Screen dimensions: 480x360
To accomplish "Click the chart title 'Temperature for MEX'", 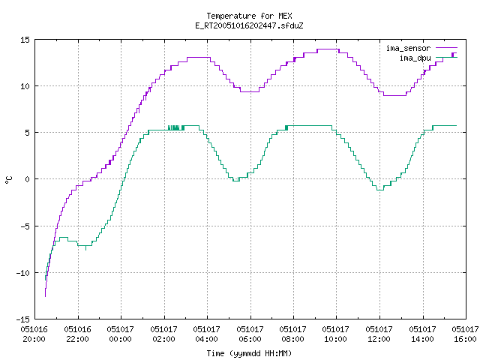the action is [249, 16].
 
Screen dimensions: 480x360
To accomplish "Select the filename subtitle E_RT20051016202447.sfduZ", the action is [249, 25].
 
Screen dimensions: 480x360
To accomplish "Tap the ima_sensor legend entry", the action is [421, 48].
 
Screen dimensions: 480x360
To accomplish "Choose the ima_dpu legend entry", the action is [428, 58].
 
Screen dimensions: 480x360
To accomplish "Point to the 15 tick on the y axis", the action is [25, 40].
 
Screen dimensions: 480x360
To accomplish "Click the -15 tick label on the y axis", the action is [23, 319].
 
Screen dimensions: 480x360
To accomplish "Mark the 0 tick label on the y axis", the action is [28, 179].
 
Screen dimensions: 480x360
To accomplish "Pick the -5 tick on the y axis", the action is [25, 226].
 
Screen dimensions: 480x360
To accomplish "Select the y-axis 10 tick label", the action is [25, 86].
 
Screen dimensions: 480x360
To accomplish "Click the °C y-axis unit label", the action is [8, 180].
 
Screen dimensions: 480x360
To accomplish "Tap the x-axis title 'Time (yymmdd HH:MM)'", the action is [249, 353].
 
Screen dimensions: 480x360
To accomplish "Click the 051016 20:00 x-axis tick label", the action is [34, 334].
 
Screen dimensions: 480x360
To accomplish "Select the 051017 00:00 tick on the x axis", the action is [120, 334].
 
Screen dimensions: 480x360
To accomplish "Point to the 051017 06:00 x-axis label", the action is [250, 334].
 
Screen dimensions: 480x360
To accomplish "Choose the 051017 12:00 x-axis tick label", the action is [379, 334].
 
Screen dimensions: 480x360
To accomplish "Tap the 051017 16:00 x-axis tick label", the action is [466, 334].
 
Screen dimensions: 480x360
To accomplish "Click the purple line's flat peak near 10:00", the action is [328, 49].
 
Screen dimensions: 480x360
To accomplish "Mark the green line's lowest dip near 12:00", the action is [380, 190].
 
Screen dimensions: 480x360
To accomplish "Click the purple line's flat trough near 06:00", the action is [250, 91].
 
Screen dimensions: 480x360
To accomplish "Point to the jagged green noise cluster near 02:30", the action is [176, 127].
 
